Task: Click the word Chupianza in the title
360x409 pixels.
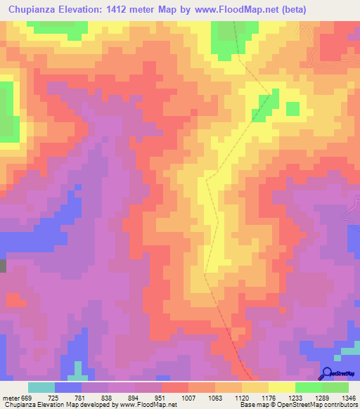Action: click(32, 11)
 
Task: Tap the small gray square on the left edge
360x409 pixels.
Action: click(3, 266)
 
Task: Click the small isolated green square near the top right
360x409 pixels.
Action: click(292, 108)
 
